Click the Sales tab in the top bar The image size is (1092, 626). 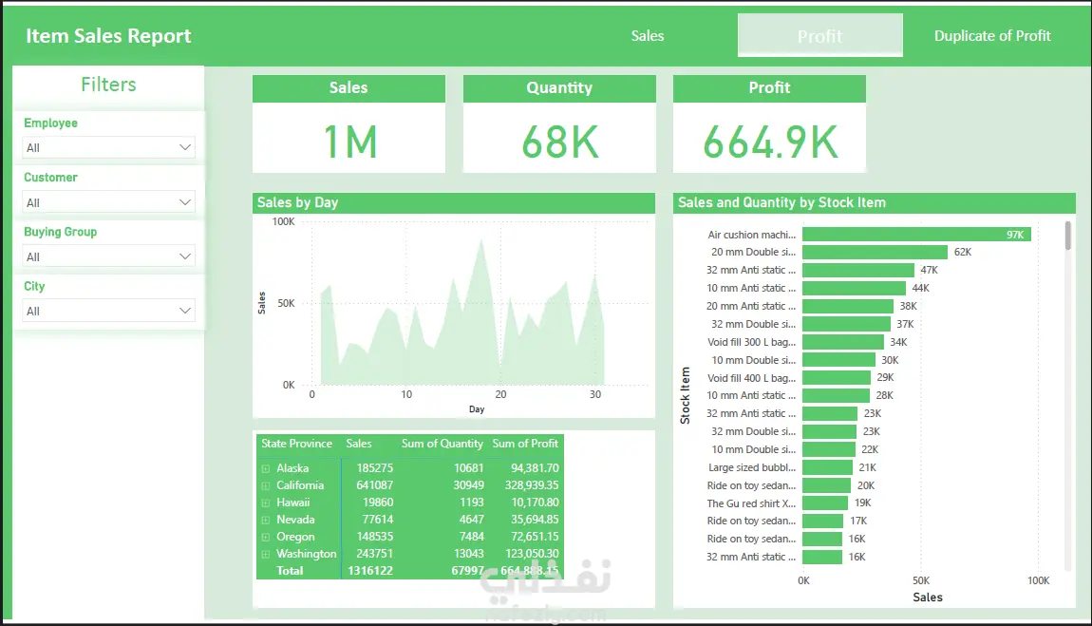click(648, 36)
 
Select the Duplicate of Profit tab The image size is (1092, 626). click(992, 36)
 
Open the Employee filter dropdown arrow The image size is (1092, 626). click(185, 147)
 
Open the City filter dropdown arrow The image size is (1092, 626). click(185, 311)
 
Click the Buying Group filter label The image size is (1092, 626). click(61, 232)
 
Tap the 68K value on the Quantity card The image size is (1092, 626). click(559, 142)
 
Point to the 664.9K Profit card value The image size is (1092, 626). click(770, 142)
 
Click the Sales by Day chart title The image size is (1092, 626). click(297, 202)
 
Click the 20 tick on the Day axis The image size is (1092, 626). click(500, 394)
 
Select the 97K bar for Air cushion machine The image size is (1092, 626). click(915, 235)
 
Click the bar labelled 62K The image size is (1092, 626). click(875, 253)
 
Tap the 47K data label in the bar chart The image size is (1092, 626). click(929, 271)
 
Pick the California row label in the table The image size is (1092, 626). click(300, 485)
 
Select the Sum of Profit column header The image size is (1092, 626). click(525, 444)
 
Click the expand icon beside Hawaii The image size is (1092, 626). click(265, 503)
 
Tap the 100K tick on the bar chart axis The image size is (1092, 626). click(1038, 580)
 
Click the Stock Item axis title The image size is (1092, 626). click(686, 396)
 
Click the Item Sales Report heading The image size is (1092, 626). click(108, 36)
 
